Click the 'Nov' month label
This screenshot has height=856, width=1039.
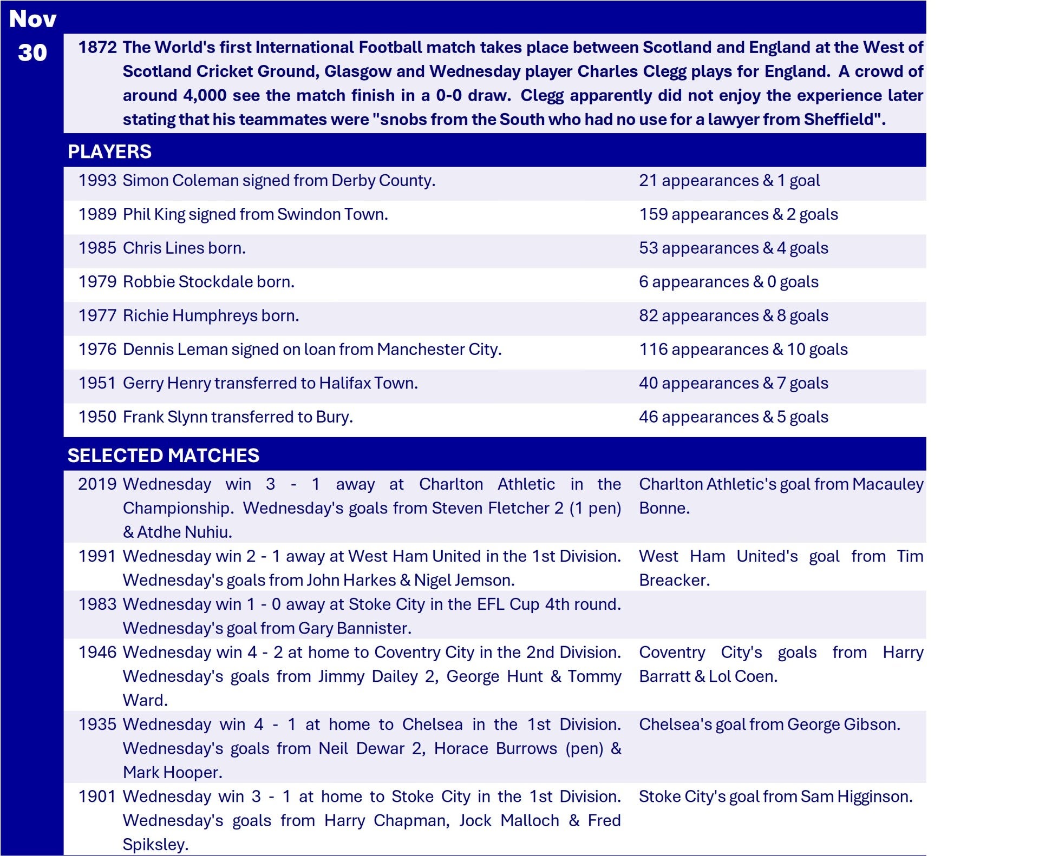(32, 19)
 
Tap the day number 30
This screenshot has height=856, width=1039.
(32, 53)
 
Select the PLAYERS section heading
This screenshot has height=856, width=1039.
(109, 152)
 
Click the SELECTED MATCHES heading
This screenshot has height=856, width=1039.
(163, 456)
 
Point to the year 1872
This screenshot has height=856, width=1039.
(97, 48)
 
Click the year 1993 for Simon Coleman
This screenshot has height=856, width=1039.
(97, 181)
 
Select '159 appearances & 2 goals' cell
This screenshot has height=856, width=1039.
(738, 214)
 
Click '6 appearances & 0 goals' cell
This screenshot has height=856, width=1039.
(728, 282)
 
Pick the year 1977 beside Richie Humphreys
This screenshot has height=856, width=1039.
(97, 315)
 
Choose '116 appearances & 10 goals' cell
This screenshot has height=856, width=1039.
(743, 350)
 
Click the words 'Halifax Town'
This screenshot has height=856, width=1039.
(368, 383)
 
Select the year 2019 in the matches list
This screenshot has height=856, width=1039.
(97, 484)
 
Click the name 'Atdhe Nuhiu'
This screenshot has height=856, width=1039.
(184, 532)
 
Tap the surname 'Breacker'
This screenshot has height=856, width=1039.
(674, 581)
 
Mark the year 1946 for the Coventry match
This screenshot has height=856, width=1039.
(97, 653)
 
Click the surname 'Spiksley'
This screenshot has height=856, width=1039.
(155, 845)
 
